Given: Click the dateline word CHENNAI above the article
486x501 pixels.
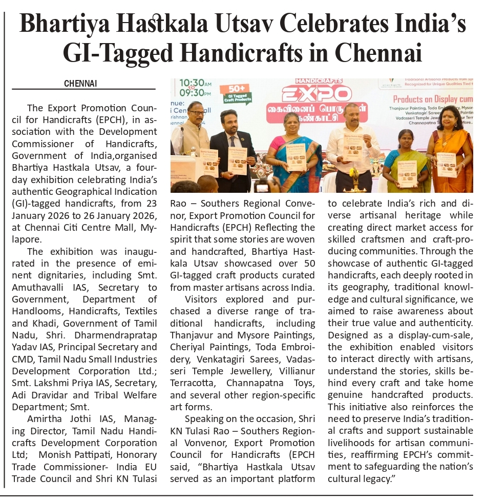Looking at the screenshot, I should (x=80, y=84).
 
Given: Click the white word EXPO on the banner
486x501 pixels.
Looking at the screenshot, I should (x=316, y=94).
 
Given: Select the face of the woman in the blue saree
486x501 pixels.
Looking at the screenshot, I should (x=292, y=123).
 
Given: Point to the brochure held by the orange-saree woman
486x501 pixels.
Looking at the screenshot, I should (x=446, y=165).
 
